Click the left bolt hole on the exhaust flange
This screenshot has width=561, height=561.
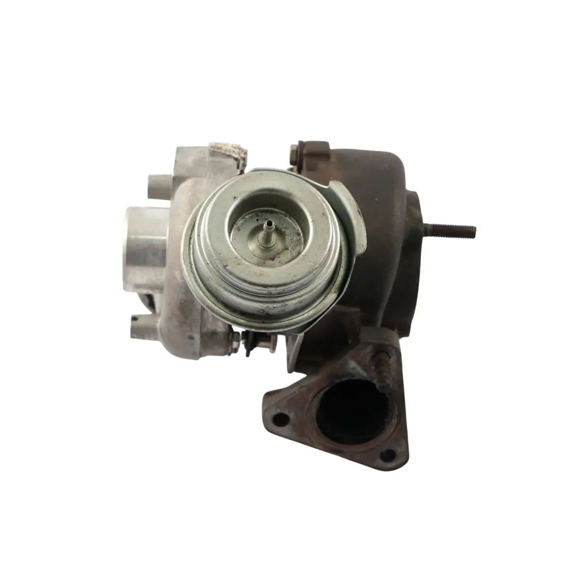[280, 418]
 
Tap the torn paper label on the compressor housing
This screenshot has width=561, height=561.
[228, 151]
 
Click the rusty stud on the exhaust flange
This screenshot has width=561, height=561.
[383, 368]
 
